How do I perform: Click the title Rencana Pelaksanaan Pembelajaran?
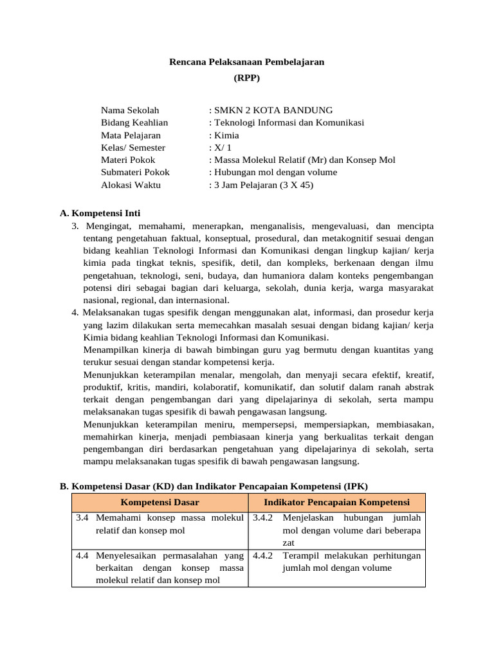[247, 62]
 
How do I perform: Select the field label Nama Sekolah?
[130, 111]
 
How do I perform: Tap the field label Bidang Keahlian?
[134, 122]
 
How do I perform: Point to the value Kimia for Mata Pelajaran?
[225, 135]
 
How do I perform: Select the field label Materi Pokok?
[128, 160]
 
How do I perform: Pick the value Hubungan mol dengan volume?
[275, 172]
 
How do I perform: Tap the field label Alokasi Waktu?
[131, 185]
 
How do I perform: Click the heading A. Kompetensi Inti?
[100, 213]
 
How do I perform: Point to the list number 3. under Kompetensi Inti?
[75, 226]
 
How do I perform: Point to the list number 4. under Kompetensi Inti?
[75, 313]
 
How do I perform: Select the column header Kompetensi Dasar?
[160, 502]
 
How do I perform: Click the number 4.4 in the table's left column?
[82, 555]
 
